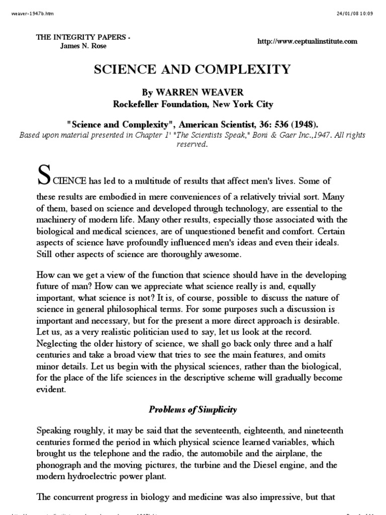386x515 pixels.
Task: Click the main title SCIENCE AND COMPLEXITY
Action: (x=192, y=70)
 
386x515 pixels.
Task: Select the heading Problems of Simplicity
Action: (x=192, y=409)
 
